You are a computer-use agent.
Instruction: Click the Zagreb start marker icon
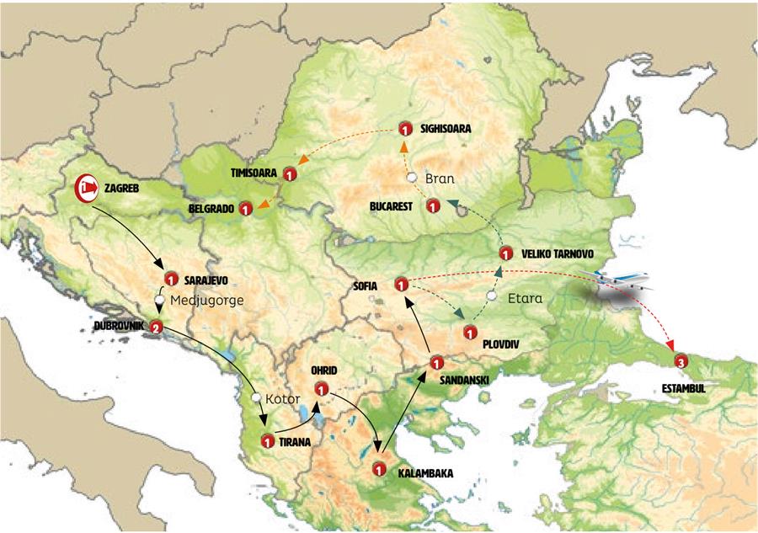coord(88,189)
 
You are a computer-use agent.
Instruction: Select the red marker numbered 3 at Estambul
coord(681,362)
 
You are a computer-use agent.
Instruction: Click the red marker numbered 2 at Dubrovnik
coord(155,327)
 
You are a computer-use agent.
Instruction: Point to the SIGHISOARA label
coord(442,130)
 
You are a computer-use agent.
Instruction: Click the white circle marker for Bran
coord(412,179)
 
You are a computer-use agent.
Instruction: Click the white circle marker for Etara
coord(492,297)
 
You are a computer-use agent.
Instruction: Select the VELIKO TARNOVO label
coord(558,253)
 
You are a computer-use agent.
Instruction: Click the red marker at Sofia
coord(402,284)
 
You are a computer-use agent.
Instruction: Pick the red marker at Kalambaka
coord(379,470)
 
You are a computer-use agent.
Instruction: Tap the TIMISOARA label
coord(252,172)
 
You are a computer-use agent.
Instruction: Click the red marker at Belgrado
coord(245,208)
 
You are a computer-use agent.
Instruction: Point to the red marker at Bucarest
coord(433,205)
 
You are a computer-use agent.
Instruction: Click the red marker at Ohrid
coord(321,388)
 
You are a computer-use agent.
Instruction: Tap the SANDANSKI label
coord(464,379)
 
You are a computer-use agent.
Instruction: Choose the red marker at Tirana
coord(267,440)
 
